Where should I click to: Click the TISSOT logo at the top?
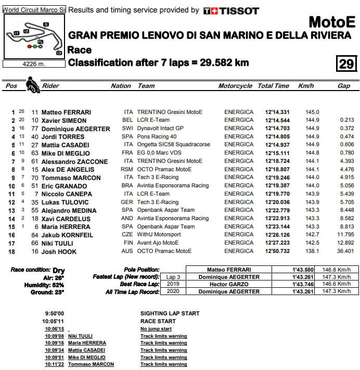pos(231,10)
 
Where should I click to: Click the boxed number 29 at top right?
pos(346,64)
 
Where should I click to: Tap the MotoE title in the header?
pos(332,22)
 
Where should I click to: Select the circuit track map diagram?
pos(34,36)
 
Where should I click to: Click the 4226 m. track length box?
pos(34,65)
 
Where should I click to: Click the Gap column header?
pos(343,86)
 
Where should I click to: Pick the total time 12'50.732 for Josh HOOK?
pos(277,251)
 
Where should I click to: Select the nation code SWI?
pos(127,128)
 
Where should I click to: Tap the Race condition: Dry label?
pos(37,271)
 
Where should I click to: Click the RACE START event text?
pos(158,321)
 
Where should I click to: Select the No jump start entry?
pos(156,329)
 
